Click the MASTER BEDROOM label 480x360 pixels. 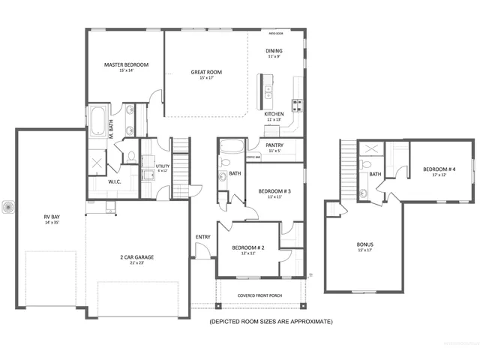[126, 65]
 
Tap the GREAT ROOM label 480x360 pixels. [206, 73]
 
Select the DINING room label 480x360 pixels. [273, 51]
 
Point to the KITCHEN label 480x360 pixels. [273, 114]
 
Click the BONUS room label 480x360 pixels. [365, 244]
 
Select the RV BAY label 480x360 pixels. [52, 217]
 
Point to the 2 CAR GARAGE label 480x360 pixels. [136, 257]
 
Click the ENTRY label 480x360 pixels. [203, 238]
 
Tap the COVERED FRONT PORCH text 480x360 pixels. [260, 295]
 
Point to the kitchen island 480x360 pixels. [267, 87]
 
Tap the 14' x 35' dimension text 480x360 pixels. [52, 223]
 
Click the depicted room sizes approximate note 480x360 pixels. [271, 321]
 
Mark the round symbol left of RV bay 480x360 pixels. [8, 206]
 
